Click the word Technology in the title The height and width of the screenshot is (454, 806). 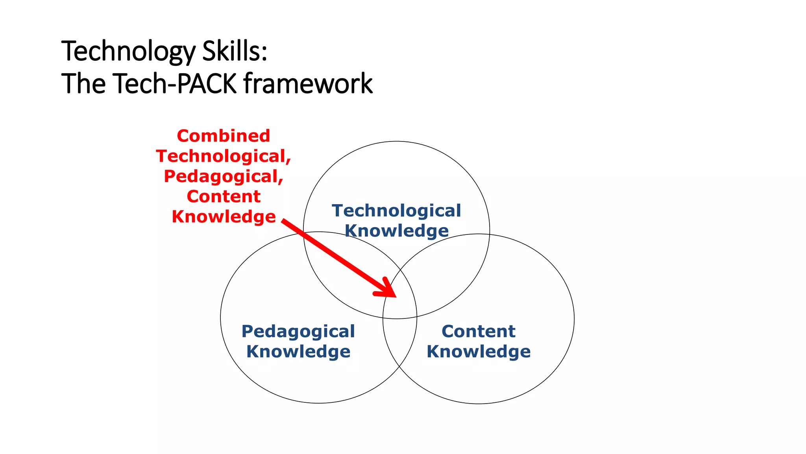pos(128,52)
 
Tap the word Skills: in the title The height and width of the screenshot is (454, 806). pos(235,52)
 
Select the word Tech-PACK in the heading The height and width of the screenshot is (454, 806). pos(175,84)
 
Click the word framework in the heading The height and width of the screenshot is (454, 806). pos(308,84)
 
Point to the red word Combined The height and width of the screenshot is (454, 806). pos(224,136)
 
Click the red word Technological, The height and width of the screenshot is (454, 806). pos(224,156)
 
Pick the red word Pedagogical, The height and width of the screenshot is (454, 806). pos(224,177)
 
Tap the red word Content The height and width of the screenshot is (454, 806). pos(224,197)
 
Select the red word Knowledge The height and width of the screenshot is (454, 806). pos(224,217)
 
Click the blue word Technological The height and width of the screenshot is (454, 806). pos(396,211)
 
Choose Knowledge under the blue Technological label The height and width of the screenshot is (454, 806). pos(396,231)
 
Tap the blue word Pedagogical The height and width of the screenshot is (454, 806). pos(298,331)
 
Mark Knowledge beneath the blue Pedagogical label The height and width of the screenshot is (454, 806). pos(298,352)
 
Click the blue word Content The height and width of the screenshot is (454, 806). pos(478,331)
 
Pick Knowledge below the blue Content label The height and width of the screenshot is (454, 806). pos(478,352)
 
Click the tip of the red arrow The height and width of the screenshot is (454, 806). pos(395,296)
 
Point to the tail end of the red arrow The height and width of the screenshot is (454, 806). pos(283,221)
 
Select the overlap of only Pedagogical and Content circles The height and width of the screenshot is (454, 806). pos(400,341)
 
